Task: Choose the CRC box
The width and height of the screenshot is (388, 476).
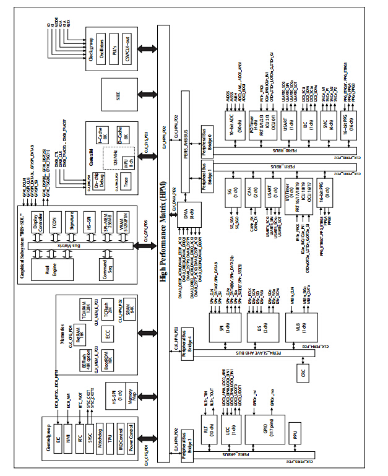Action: [303, 373]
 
